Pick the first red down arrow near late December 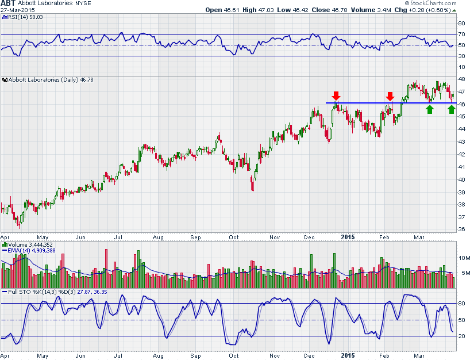coord(336,95)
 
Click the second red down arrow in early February coord(390,95)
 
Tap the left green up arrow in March coord(430,109)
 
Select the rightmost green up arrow coord(452,109)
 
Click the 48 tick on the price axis coord(461,79)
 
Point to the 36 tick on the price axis coord(461,229)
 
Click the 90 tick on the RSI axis coord(461,24)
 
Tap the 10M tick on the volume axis coord(463,258)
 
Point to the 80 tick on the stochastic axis coord(461,303)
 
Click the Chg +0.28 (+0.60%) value coord(425,10)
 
